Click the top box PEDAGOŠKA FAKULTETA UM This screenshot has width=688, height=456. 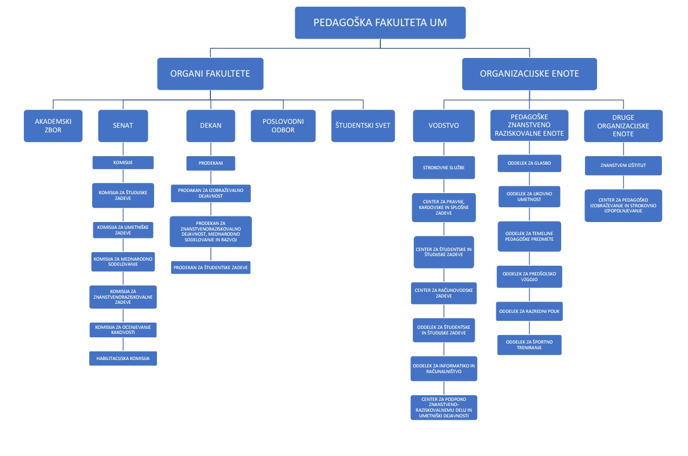point(380,23)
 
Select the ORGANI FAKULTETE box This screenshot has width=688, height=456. point(210,73)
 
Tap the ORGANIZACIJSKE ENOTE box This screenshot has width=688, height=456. point(529,73)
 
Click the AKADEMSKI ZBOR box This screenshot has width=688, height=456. point(53,125)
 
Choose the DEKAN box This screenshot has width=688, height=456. point(211,125)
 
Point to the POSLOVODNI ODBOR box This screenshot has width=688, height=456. point(283,125)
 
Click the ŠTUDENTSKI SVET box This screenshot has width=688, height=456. point(363,125)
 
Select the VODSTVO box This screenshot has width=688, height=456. point(444,125)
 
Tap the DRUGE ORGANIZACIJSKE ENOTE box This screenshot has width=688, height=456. point(623,125)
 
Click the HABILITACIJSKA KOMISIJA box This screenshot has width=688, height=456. point(123,359)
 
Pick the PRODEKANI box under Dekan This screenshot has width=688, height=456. point(211,164)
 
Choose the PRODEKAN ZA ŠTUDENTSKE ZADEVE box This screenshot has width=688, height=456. point(211,267)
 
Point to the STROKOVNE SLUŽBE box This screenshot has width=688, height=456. point(444,168)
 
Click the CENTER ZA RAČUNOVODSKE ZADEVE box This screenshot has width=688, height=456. point(444,293)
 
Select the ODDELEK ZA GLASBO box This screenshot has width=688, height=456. point(529,164)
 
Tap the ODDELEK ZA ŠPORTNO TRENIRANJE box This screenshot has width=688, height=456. point(529,345)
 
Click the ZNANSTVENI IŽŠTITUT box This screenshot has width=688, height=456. point(623,165)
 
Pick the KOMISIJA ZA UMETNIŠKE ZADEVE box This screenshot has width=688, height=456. point(122,229)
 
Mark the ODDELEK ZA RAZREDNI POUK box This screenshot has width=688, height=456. point(529,311)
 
